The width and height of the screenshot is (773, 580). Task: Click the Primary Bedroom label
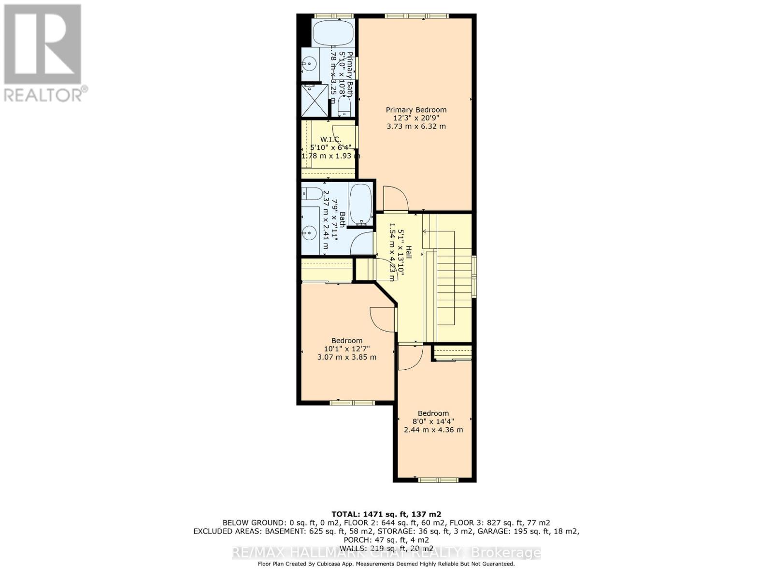click(x=416, y=110)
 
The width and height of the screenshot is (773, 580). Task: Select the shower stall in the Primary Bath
click(x=314, y=101)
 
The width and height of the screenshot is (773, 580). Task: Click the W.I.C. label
click(x=330, y=139)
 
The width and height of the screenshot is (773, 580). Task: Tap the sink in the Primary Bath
click(x=310, y=63)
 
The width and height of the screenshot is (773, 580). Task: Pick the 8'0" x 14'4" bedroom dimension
click(x=433, y=421)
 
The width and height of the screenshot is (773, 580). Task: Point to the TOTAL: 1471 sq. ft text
click(x=386, y=514)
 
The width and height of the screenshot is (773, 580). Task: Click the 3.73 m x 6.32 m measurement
click(x=416, y=127)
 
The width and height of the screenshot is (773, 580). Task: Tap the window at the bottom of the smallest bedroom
click(x=438, y=479)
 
